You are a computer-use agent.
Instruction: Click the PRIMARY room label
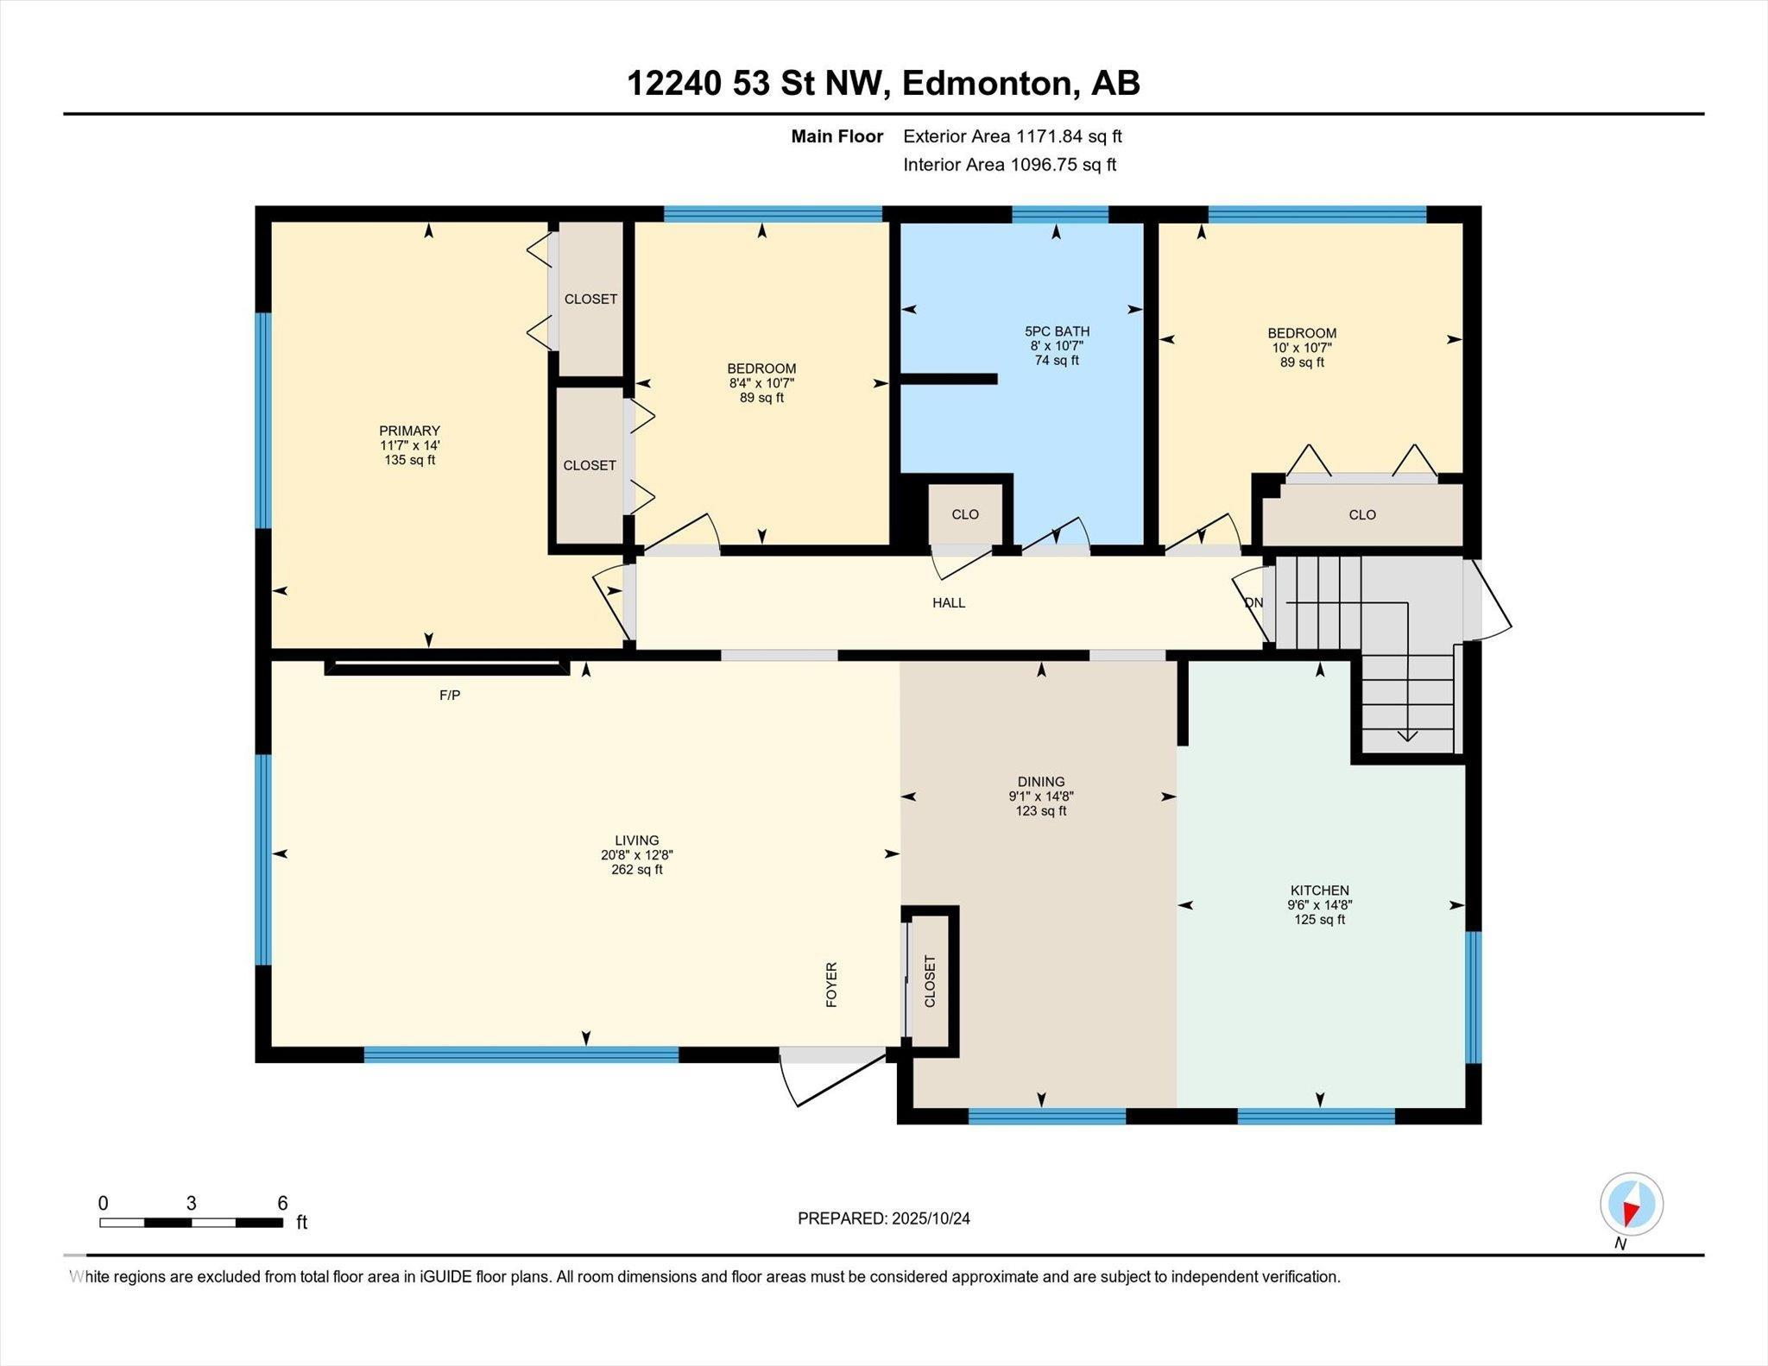[x=409, y=431]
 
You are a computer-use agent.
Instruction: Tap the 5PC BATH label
[x=1057, y=331]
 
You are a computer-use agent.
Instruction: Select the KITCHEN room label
[x=1319, y=891]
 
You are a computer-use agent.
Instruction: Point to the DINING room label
[x=1041, y=782]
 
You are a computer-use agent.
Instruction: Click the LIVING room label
[x=637, y=840]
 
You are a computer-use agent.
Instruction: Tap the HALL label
[x=949, y=603]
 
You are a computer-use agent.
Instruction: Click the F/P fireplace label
[x=450, y=696]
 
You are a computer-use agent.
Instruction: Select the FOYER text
[x=832, y=985]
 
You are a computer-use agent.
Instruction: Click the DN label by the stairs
[x=1253, y=603]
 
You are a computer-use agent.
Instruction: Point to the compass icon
[x=1632, y=1204]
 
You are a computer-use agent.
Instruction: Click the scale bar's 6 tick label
[x=282, y=1203]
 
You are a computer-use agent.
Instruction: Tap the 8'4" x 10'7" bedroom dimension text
[x=761, y=383]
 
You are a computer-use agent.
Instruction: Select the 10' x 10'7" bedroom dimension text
[x=1302, y=348]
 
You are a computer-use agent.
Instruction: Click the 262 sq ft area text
[x=637, y=870]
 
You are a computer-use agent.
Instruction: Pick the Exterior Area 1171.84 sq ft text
[x=1013, y=136]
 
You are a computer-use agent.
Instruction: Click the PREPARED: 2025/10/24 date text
[x=884, y=1218]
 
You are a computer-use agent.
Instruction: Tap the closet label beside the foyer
[x=930, y=981]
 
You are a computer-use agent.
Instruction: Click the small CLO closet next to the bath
[x=965, y=514]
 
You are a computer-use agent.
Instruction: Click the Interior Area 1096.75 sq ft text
[x=1010, y=165]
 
